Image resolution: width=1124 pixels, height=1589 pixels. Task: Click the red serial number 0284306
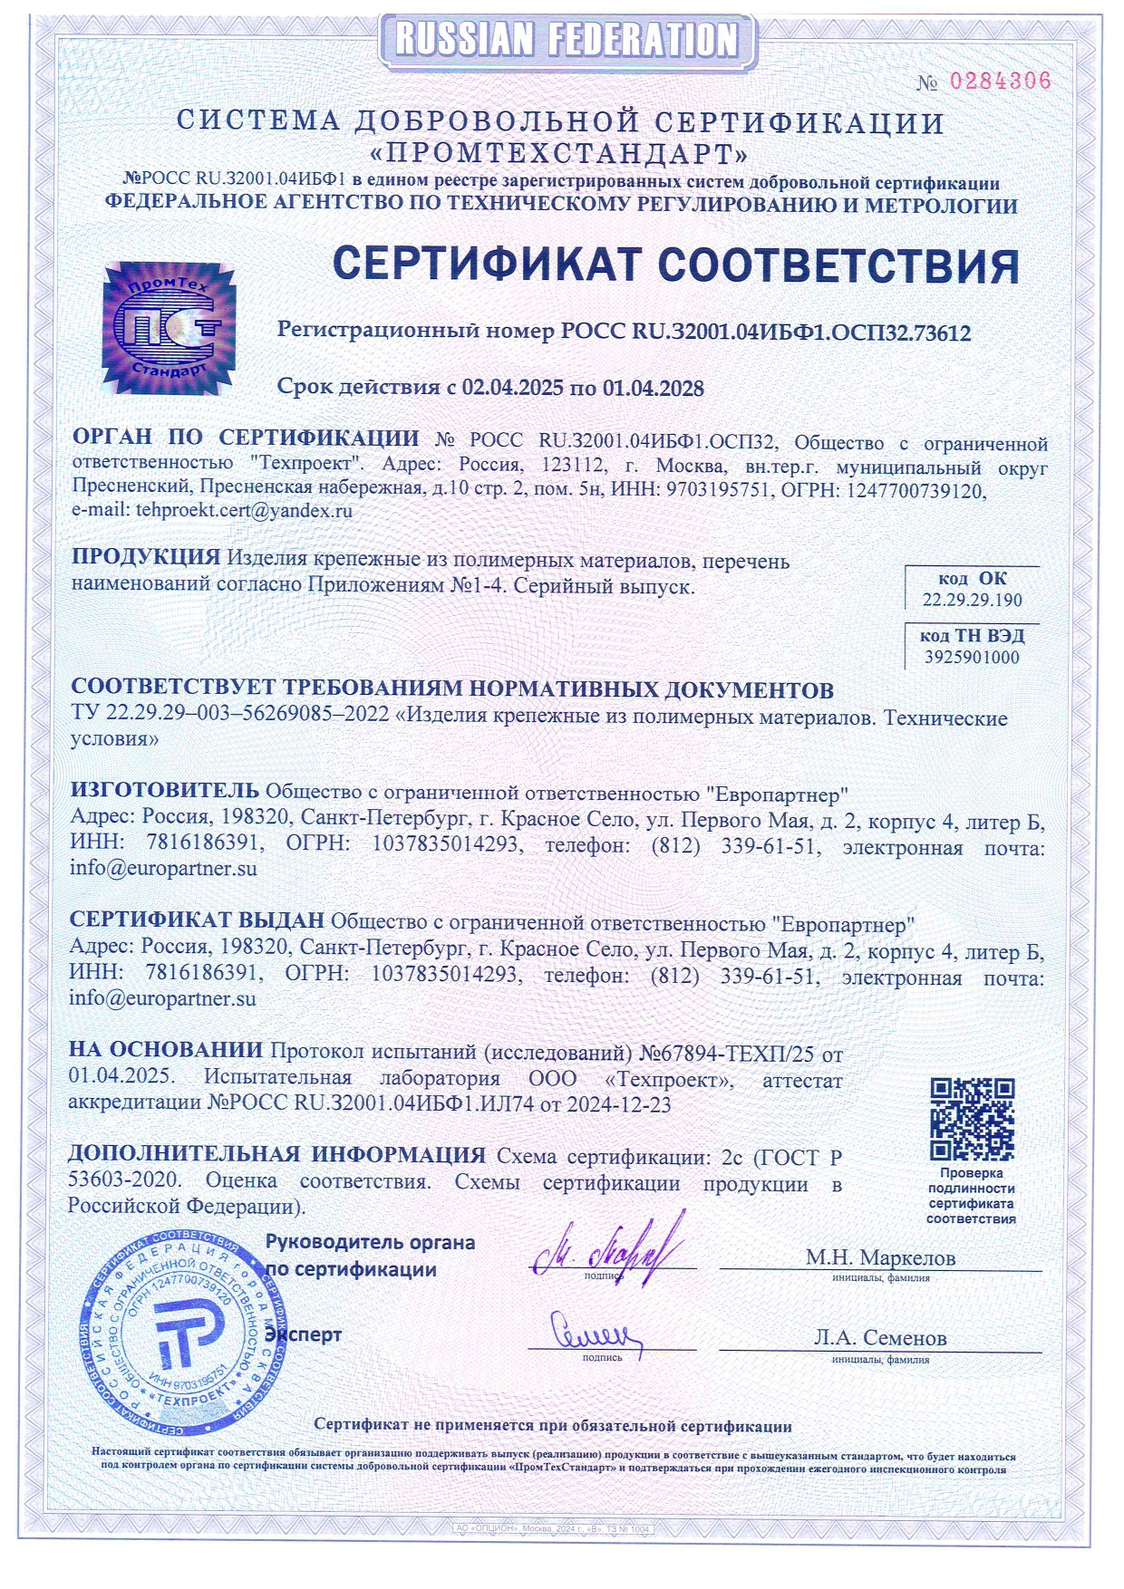(1000, 82)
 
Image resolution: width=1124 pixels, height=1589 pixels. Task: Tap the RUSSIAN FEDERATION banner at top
(567, 40)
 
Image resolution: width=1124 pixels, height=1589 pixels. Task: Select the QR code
(972, 1119)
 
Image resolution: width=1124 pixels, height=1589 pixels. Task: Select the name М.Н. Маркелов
(880, 1257)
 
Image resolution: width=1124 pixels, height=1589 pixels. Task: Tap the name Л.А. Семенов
(880, 1338)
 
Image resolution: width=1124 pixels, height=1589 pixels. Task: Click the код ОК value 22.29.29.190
(972, 600)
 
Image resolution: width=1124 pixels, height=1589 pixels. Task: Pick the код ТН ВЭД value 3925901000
(972, 658)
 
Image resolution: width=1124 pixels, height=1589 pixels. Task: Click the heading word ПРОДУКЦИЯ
(146, 558)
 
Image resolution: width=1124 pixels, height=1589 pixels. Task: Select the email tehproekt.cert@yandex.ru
(244, 510)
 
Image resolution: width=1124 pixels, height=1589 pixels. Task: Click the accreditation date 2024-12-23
(619, 1104)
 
